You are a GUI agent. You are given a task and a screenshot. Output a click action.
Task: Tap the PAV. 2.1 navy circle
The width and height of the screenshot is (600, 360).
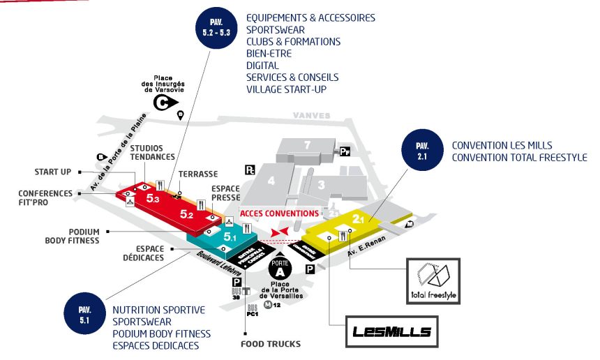tap(421, 151)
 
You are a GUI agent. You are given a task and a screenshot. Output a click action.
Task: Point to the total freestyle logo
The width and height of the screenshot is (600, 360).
tap(434, 280)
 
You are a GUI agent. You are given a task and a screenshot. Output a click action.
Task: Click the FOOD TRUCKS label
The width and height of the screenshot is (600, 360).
tap(271, 344)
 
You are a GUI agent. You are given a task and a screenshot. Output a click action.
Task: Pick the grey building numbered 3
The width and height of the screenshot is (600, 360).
tap(322, 184)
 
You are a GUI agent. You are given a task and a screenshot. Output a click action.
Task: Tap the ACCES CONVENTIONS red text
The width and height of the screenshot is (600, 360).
tap(279, 213)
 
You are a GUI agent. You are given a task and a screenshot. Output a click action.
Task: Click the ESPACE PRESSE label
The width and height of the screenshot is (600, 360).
tap(225, 193)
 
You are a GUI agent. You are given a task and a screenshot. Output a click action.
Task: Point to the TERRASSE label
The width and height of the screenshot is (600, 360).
tap(198, 174)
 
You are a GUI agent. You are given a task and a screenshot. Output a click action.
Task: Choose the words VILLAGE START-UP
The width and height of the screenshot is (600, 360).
tap(286, 89)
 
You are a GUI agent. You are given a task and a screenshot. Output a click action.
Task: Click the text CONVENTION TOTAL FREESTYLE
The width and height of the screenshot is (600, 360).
tap(519, 158)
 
